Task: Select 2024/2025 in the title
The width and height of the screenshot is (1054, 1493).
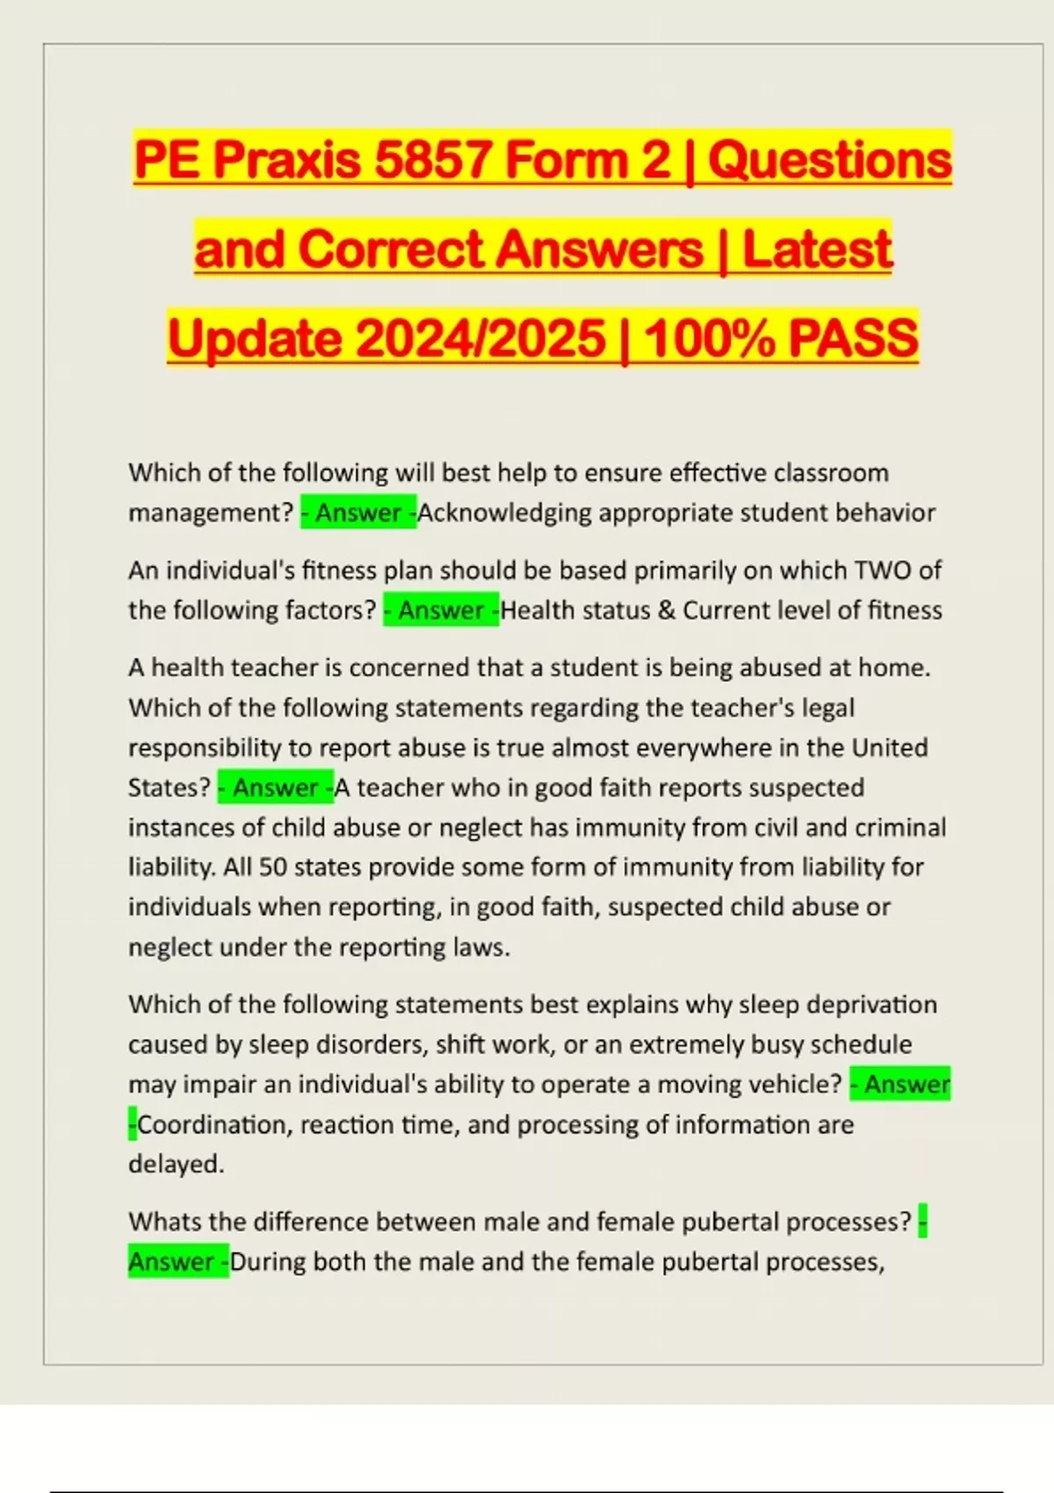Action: point(481,339)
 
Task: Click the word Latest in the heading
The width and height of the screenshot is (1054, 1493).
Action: point(817,249)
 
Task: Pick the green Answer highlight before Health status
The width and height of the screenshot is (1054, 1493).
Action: point(441,610)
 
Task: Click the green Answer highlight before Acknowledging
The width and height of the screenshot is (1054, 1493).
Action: point(358,513)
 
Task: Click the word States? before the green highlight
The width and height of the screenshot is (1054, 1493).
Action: point(170,788)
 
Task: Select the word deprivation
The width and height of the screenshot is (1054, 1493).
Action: point(871,1005)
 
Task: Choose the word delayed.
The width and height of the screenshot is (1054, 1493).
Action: point(176,1165)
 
